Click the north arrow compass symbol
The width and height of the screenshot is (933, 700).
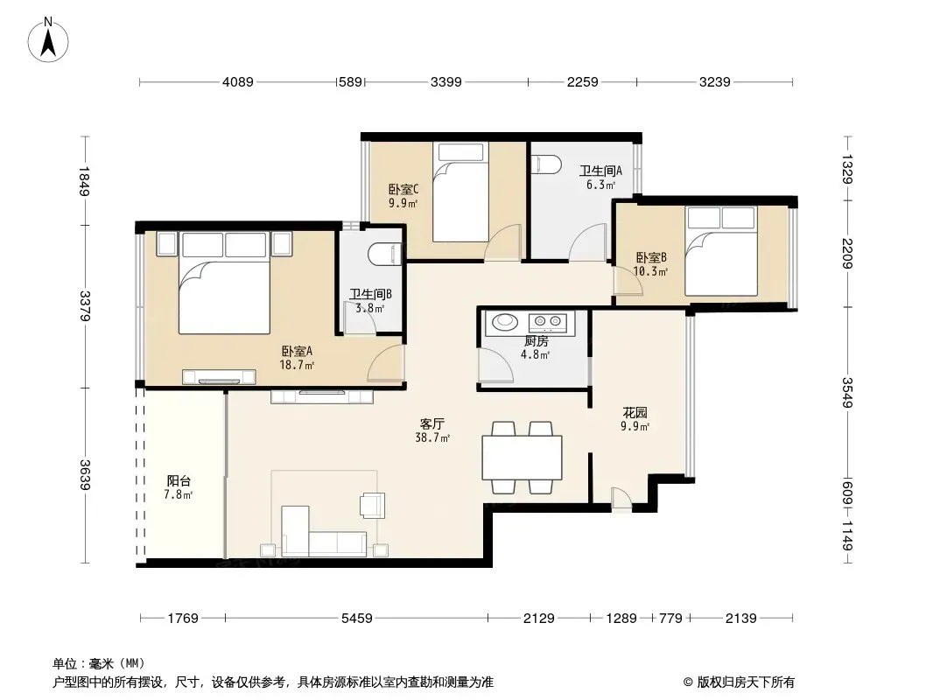click(x=48, y=40)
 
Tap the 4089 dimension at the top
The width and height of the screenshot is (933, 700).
click(x=238, y=82)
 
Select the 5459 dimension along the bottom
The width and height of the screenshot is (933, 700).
click(x=357, y=619)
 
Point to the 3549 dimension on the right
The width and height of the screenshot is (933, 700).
click(x=847, y=393)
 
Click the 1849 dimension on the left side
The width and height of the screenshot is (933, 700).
click(x=84, y=181)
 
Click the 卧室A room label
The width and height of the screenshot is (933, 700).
click(x=297, y=352)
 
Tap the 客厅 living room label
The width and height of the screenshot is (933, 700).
click(x=432, y=424)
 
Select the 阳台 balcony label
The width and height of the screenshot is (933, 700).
click(x=179, y=480)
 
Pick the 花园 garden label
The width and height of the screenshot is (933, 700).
click(x=635, y=412)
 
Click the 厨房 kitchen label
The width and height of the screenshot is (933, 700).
click(x=537, y=340)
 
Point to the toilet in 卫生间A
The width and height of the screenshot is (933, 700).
click(x=545, y=164)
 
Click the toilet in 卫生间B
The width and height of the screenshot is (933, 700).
click(x=385, y=254)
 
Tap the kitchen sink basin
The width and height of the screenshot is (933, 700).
click(x=505, y=321)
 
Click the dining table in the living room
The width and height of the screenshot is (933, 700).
click(x=522, y=458)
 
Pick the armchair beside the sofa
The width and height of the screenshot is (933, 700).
click(x=373, y=505)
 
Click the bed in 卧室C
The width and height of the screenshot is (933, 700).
click(x=460, y=192)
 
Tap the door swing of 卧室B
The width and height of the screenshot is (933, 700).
click(x=628, y=281)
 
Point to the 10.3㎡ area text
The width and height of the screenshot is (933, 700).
click(x=649, y=272)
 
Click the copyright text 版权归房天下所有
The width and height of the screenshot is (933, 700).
click(x=746, y=682)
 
